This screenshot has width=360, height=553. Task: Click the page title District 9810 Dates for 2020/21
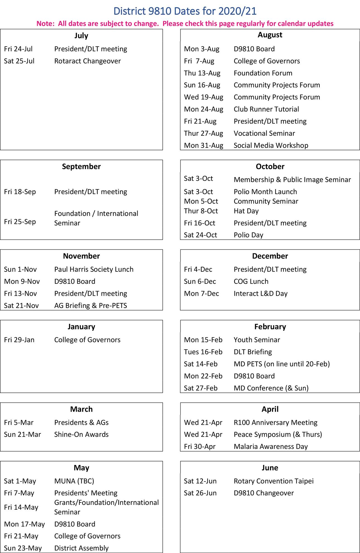tap(185, 11)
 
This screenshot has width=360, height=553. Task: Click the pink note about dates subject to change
tap(185, 24)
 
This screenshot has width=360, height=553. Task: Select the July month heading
tap(81, 36)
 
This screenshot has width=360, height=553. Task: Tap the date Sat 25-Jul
tap(19, 61)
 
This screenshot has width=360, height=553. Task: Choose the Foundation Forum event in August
tap(263, 73)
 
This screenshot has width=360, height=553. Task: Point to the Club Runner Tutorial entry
tap(266, 109)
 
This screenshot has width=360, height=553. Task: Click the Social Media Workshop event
tap(271, 146)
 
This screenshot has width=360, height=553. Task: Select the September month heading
tap(81, 166)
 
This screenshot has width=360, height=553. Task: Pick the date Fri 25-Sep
tap(20, 222)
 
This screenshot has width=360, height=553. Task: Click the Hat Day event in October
tap(246, 211)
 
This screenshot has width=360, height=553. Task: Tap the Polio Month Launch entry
tap(265, 192)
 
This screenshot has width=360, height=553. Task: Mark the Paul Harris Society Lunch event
tap(94, 270)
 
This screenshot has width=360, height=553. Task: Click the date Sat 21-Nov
tap(21, 306)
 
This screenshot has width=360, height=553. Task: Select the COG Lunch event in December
tap(251, 282)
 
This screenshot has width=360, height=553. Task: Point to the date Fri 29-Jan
tap(19, 340)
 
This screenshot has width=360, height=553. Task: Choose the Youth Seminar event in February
tap(257, 340)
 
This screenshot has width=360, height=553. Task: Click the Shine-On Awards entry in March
tap(81, 435)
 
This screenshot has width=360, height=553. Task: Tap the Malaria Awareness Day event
tap(270, 447)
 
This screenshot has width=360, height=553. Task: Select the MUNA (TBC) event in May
tap(74, 481)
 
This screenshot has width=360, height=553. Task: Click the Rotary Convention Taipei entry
tap(273, 481)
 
